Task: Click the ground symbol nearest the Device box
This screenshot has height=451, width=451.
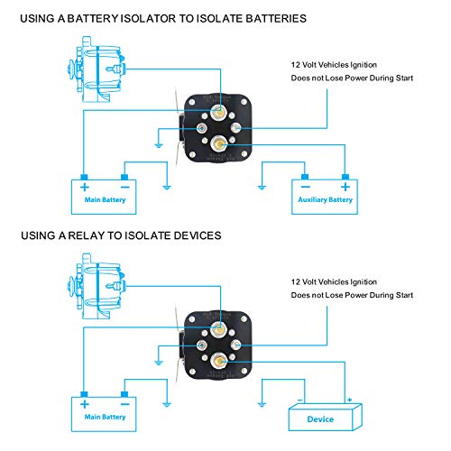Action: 261,403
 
